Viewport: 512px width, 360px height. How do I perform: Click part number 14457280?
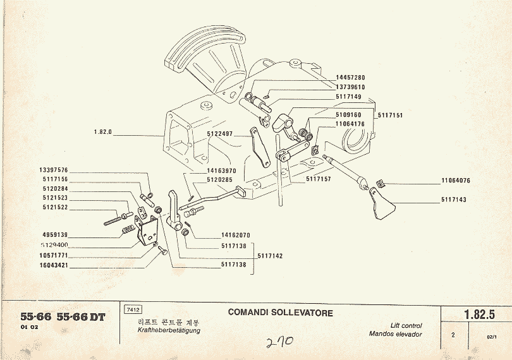(x=350, y=76)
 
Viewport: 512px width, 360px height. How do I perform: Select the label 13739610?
(x=350, y=87)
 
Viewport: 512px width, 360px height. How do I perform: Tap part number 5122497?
(x=220, y=134)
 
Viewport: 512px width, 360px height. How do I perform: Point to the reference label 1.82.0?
(x=102, y=132)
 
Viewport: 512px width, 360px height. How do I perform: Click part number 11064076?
(x=456, y=181)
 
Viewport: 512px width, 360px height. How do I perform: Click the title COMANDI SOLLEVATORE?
(x=280, y=313)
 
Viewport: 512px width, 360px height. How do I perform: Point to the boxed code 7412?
(x=133, y=309)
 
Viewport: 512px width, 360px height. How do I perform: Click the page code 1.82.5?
(x=478, y=315)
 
